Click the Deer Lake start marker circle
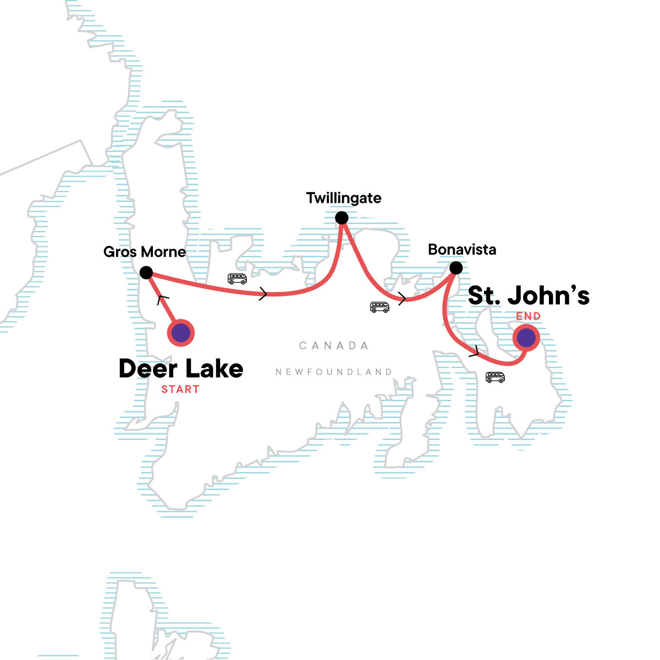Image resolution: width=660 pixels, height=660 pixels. pos(181,333)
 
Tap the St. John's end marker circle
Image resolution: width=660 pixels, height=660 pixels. pos(526,338)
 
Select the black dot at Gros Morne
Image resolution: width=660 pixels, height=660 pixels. pos(146,272)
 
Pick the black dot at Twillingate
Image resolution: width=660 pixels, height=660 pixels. pos(342,218)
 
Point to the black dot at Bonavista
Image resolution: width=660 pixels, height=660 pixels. pos(456,268)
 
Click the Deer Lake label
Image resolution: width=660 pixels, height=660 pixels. pos(181,369)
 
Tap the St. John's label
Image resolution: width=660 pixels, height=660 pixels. pos(529,295)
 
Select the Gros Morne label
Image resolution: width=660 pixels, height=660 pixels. pos(145,252)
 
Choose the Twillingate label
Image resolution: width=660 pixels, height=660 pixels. pos(344,198)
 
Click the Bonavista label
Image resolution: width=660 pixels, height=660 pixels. pos(462,250)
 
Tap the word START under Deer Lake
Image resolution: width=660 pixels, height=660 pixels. pos(180,389)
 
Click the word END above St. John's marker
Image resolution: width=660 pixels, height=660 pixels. pos(529,316)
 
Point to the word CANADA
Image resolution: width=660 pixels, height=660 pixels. pos(334,345)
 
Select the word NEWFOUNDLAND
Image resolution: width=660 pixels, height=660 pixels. pos(334,372)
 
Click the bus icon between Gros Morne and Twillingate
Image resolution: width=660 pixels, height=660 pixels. pos(237,279)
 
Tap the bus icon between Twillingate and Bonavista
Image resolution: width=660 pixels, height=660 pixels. pos(380,307)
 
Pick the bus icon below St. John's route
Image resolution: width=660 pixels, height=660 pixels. pos(495,377)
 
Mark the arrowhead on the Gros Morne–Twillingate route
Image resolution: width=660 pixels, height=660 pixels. pos(263,294)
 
